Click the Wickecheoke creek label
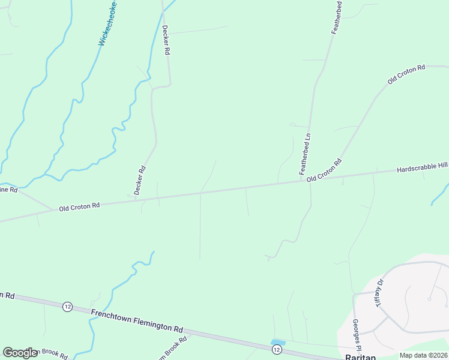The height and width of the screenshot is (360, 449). pos(108,25)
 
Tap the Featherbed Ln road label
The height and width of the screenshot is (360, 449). pos(306,154)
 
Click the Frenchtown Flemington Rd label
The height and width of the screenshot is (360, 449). pos(137,320)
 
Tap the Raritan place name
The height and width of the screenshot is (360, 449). pos(360,356)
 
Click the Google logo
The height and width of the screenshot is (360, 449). pos(20,353)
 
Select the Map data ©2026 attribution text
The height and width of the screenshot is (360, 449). pos(423,355)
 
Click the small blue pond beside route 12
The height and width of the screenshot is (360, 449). pos(277,343)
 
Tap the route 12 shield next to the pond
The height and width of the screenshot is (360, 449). pos(276,349)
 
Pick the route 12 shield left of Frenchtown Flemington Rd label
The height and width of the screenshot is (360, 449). pos(67,307)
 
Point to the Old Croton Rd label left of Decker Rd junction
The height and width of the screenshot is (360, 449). pos(79,207)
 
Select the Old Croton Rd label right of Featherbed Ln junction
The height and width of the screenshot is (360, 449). pos(324,171)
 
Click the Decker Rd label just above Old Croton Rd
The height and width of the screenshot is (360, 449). pos(140,180)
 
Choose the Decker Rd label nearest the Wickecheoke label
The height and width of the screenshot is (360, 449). pos(166,40)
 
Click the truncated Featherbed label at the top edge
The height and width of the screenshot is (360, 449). pos(338,16)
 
